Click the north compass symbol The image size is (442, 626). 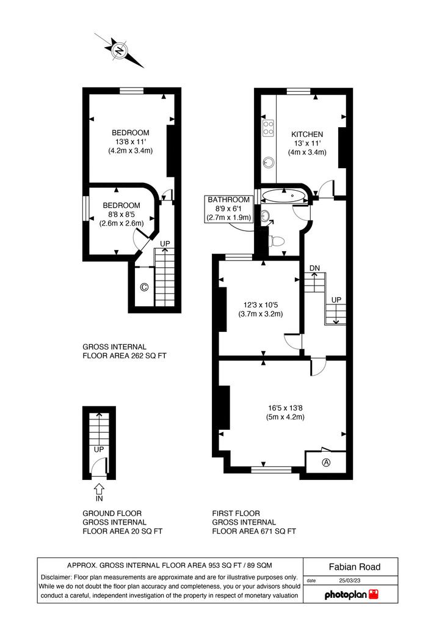(119, 50)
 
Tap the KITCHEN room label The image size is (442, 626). (307, 134)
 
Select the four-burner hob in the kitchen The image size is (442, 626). (268, 128)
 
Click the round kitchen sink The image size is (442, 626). (268, 162)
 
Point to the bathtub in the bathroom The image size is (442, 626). (284, 196)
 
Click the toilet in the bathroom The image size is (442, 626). (276, 241)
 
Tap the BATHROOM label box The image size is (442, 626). (229, 208)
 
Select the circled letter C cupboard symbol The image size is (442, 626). (144, 287)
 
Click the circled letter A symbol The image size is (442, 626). (326, 463)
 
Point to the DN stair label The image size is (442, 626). (314, 268)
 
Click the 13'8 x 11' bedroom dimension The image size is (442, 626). (130, 142)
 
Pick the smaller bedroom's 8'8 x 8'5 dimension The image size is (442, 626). (121, 215)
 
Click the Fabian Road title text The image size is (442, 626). (355, 567)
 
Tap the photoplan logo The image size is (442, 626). (352, 594)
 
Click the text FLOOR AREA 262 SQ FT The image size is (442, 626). (125, 356)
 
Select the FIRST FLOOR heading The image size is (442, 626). (236, 514)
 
